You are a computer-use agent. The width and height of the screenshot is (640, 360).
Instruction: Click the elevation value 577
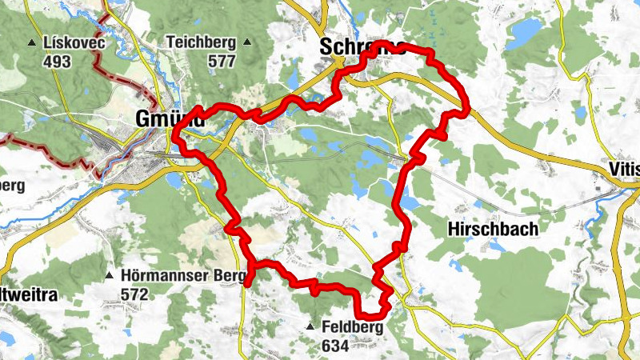coord(200,61)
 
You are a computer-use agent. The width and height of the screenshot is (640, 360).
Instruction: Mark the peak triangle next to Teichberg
coord(247,42)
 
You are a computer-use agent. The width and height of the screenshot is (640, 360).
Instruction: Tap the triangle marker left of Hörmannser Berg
coord(109,276)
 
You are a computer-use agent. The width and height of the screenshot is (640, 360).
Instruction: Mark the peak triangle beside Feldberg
coord(310,327)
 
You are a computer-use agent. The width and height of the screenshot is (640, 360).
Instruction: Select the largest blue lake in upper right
coord(525,34)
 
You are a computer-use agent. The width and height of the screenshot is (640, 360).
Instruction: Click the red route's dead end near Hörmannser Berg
coord(249,282)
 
